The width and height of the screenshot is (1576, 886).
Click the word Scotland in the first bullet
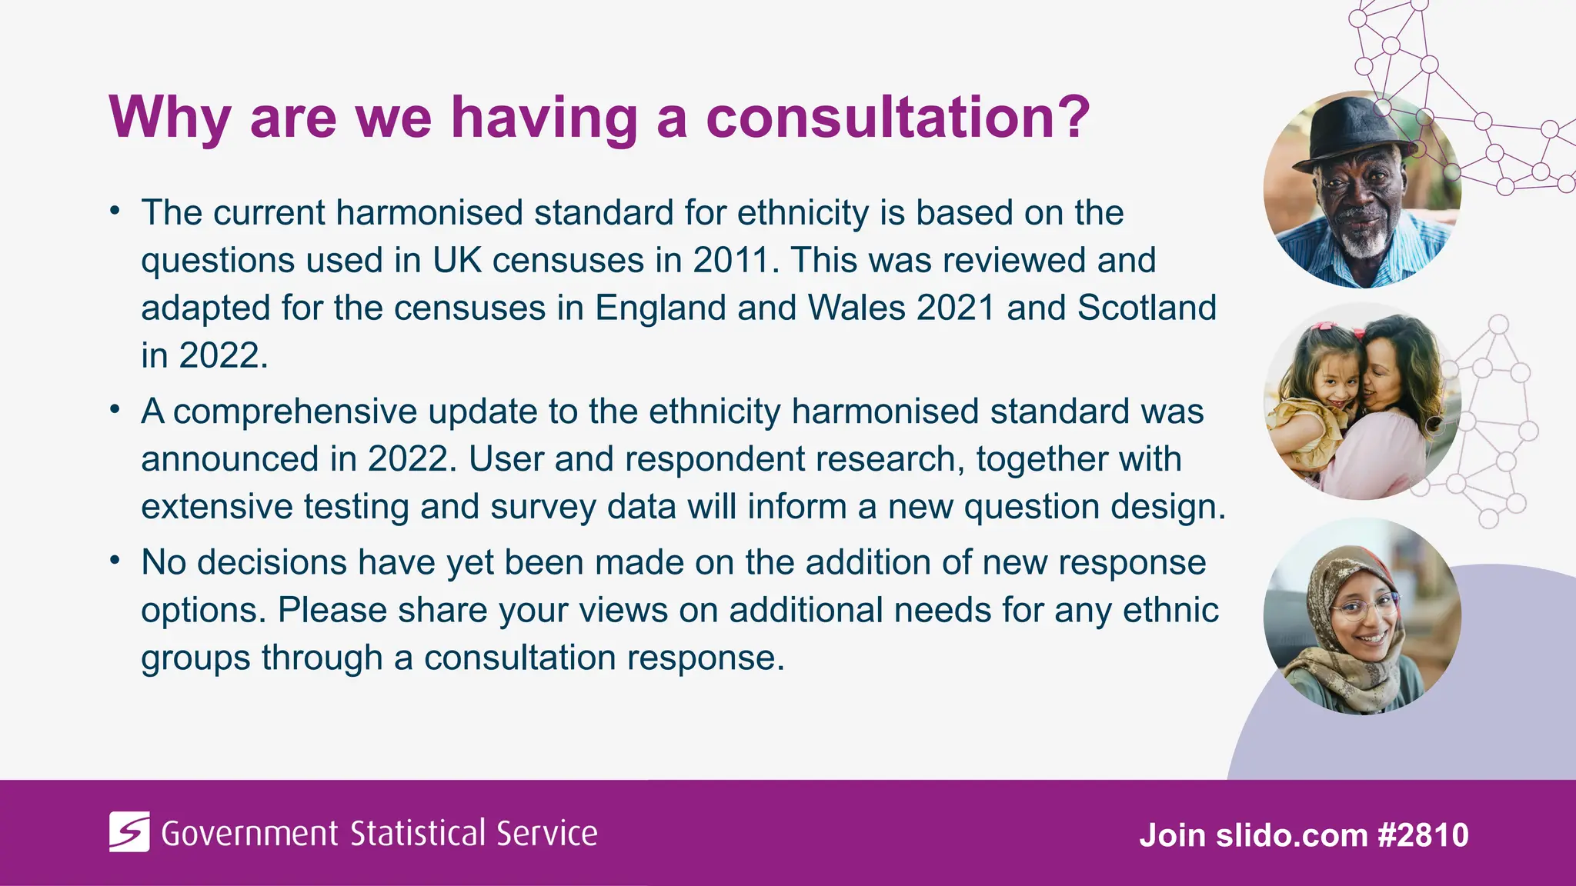[x=1147, y=308]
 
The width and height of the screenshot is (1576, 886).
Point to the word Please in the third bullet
[x=332, y=610]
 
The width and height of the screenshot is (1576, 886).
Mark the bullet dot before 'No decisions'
[x=115, y=561]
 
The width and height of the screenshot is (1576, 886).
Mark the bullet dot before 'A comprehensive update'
[x=115, y=410]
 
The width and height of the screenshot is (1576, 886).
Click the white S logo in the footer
[x=129, y=832]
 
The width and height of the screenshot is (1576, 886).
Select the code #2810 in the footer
[x=1424, y=835]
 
